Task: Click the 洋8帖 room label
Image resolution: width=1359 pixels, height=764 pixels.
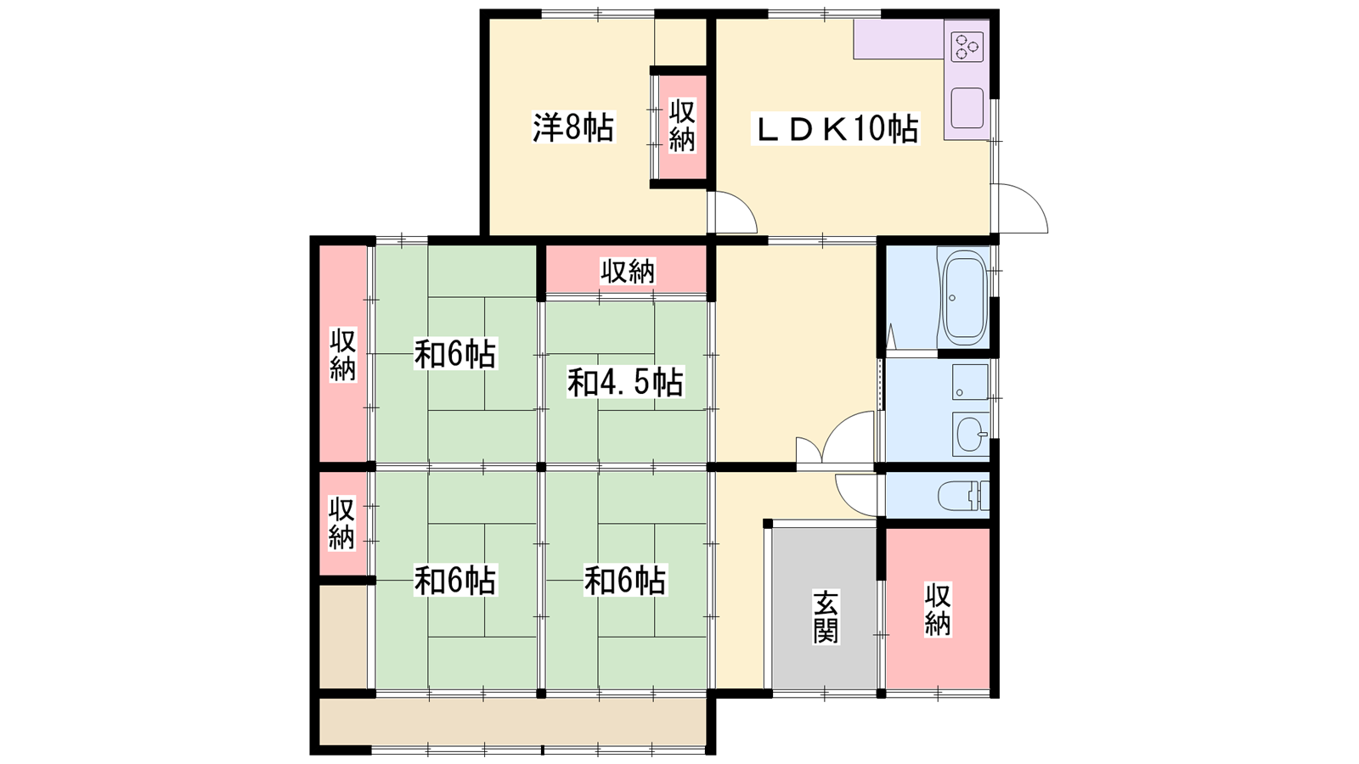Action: pyautogui.click(x=573, y=127)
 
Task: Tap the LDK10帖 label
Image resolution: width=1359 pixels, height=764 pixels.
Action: pyautogui.click(x=836, y=128)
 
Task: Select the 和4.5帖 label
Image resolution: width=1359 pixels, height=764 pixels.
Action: pyautogui.click(x=625, y=382)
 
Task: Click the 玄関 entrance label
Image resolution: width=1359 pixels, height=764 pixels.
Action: pyautogui.click(x=826, y=617)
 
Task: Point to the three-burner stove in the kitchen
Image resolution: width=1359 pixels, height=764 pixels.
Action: pyautogui.click(x=967, y=47)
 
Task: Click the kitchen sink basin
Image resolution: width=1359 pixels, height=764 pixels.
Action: pyautogui.click(x=967, y=108)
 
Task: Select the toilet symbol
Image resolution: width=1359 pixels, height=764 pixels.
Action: pyautogui.click(x=963, y=496)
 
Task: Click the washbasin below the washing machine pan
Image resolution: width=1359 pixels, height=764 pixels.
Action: pyautogui.click(x=971, y=434)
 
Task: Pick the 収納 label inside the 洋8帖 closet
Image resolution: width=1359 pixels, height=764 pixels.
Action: pyautogui.click(x=683, y=126)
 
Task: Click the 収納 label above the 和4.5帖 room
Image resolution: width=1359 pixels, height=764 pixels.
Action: pyautogui.click(x=628, y=271)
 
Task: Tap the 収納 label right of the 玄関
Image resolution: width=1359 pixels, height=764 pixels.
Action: pyautogui.click(x=938, y=610)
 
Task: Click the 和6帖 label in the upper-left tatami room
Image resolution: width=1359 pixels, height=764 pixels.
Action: pyautogui.click(x=455, y=353)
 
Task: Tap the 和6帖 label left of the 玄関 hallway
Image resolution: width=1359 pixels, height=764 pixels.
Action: pyautogui.click(x=625, y=581)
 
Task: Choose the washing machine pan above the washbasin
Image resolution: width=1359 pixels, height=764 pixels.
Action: pyautogui.click(x=971, y=382)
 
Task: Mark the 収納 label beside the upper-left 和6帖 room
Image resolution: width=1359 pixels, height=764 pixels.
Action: pyautogui.click(x=343, y=355)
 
